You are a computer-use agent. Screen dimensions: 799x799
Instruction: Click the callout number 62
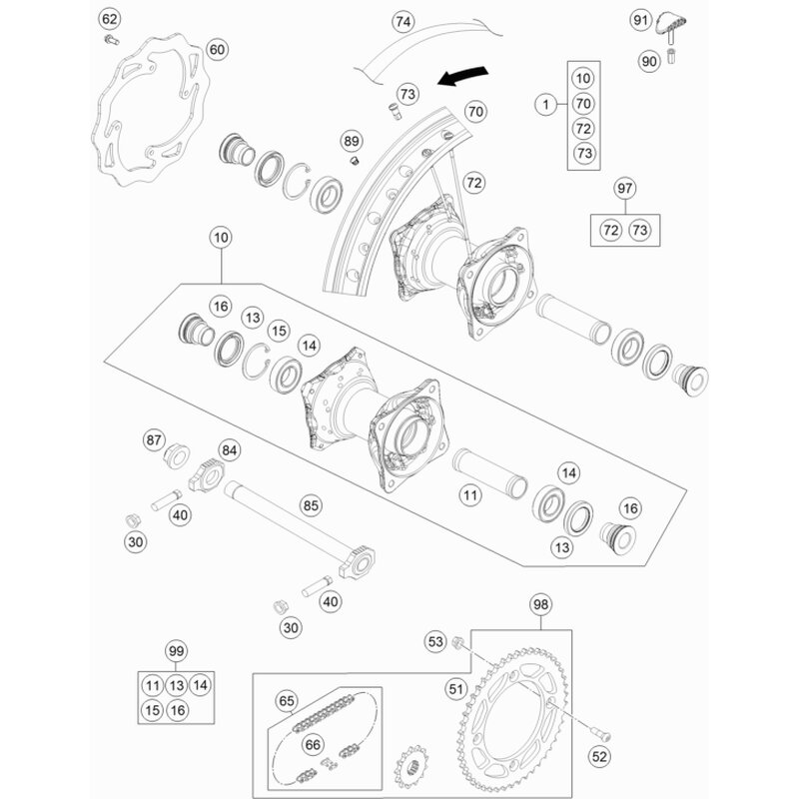click(110, 19)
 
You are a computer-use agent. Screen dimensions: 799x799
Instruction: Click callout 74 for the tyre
click(403, 22)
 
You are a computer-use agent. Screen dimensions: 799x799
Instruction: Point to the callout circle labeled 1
click(546, 105)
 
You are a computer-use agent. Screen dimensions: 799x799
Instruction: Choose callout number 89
click(352, 141)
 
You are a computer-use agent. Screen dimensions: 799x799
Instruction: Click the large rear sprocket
click(513, 720)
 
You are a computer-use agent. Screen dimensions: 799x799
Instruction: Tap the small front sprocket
click(411, 767)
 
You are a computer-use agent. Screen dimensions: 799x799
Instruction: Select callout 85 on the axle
click(311, 505)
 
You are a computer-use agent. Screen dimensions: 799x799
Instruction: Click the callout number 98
click(540, 604)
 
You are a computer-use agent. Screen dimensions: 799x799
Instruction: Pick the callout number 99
click(176, 651)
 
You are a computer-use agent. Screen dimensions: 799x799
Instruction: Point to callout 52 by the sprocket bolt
click(600, 757)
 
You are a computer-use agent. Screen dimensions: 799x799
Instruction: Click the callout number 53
click(435, 641)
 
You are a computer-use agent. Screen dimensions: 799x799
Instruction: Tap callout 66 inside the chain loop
click(313, 745)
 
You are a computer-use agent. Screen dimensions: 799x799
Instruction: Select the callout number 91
click(640, 20)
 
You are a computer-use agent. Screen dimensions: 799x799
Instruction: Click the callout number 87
click(154, 440)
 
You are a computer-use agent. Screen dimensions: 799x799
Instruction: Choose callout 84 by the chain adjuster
click(230, 450)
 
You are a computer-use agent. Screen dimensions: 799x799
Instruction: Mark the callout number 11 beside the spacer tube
click(469, 494)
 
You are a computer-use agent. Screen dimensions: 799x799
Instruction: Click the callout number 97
click(625, 189)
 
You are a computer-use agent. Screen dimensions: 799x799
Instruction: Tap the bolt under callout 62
click(111, 40)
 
